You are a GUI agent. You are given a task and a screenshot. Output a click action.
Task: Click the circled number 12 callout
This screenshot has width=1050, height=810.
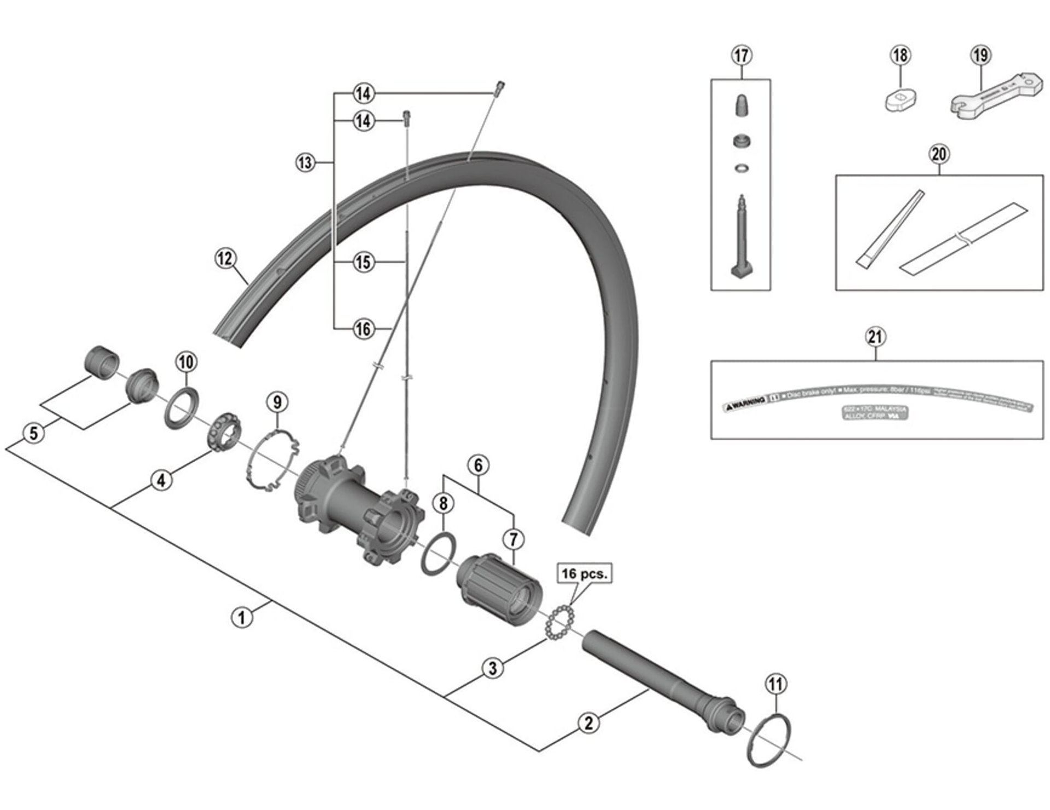[x=225, y=258]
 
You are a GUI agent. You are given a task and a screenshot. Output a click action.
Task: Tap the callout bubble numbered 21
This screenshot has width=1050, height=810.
[x=875, y=336]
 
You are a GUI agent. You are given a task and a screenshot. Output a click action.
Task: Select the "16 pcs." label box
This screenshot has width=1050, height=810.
[x=584, y=574]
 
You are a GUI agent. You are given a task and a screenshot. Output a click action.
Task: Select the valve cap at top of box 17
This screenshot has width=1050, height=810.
[x=741, y=104]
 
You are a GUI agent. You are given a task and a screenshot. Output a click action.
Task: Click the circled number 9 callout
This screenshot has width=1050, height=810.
[x=277, y=402]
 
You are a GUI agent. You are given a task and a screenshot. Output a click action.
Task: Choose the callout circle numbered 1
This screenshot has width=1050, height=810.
[x=242, y=617]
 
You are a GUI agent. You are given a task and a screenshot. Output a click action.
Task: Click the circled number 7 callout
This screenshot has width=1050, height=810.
[x=513, y=539]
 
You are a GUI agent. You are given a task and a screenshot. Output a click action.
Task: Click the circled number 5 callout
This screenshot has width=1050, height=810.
[x=34, y=433]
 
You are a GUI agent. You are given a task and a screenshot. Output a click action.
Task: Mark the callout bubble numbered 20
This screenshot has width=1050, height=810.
[x=939, y=154]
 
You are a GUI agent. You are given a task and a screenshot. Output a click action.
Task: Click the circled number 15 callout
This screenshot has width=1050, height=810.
[x=364, y=262]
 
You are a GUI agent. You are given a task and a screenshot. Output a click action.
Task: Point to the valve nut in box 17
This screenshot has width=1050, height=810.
[x=741, y=141]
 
